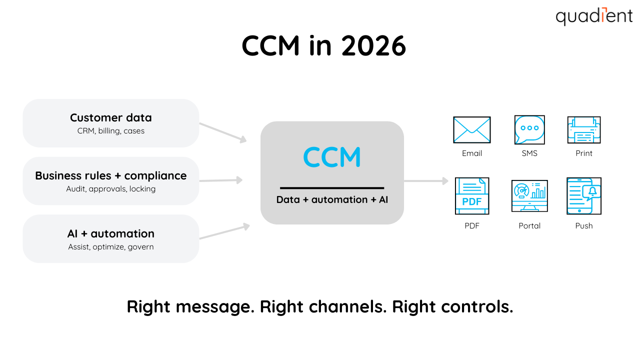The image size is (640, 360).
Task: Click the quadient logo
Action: [594, 16]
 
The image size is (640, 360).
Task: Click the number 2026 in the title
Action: [373, 46]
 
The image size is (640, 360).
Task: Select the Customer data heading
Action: [110, 118]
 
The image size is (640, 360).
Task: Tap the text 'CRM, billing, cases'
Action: [110, 131]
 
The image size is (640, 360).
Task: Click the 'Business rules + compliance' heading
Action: [110, 176]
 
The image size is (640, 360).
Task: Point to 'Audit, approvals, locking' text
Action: [110, 189]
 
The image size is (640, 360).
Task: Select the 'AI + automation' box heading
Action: [110, 234]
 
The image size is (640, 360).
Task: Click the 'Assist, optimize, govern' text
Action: [110, 247]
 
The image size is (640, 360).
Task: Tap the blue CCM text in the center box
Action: [332, 156]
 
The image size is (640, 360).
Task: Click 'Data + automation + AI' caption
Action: [332, 200]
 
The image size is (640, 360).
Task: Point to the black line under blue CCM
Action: [332, 188]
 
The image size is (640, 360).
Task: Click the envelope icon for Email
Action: [471, 130]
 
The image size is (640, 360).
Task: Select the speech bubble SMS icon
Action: [529, 130]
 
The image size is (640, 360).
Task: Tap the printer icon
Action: [583, 130]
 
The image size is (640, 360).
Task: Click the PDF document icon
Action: [471, 196]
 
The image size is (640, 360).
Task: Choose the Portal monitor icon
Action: [529, 196]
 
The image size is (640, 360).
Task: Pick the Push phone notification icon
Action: [583, 196]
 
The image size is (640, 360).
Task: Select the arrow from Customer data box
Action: [223, 132]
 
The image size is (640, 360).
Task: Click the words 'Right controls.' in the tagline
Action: [452, 306]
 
